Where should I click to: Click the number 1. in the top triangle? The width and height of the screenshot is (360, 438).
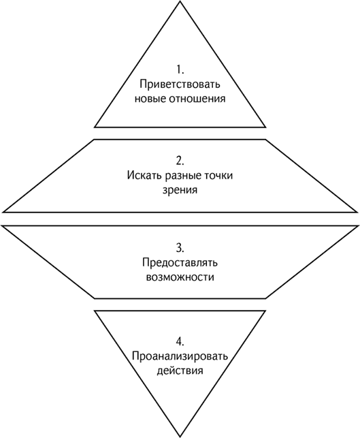pos(180,69)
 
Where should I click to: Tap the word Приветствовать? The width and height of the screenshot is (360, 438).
pos(180,84)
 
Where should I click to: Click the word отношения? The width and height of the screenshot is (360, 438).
pos(197,99)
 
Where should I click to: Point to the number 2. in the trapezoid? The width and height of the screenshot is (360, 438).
pos(180,161)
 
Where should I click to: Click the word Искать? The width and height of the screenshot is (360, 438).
pos(144,176)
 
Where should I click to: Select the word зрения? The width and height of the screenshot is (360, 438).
pos(180,190)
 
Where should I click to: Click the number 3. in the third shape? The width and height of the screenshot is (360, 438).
pos(180,248)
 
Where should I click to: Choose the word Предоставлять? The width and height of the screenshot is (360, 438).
pos(180,263)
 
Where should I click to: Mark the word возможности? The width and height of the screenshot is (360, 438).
pos(180,278)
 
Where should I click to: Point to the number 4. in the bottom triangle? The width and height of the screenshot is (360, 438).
pos(180,342)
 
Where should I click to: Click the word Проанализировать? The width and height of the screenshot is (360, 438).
pos(180,357)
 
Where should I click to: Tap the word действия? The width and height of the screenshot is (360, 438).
pos(180,371)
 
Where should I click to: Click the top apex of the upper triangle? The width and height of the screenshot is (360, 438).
pos(180,1)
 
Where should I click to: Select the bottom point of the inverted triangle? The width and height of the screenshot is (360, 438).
pos(180,437)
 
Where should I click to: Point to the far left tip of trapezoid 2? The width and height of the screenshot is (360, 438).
pos(3,212)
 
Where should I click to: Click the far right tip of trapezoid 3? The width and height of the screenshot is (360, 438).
pos(357,225)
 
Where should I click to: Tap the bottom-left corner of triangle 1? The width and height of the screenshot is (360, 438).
pos(95,127)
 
